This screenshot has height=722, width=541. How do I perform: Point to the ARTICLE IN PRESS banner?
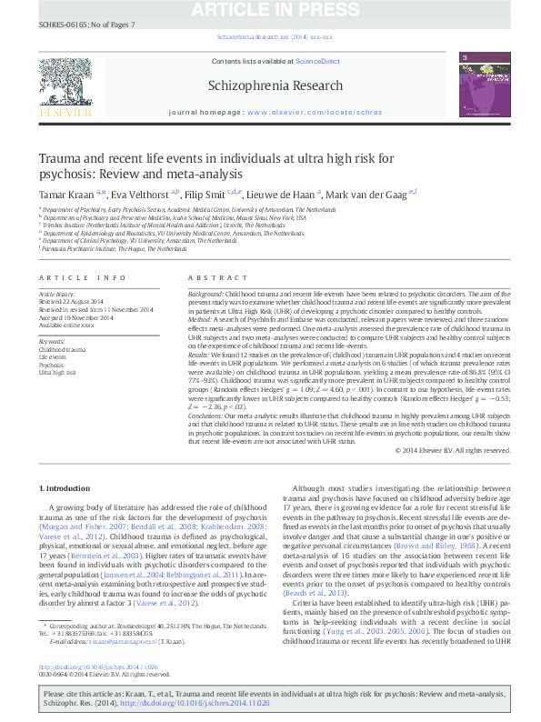pyautogui.click(x=269, y=10)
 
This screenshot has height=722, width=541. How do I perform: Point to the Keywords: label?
pyautogui.click(x=52, y=341)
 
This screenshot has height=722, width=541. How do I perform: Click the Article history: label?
pyautogui.click(x=55, y=296)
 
